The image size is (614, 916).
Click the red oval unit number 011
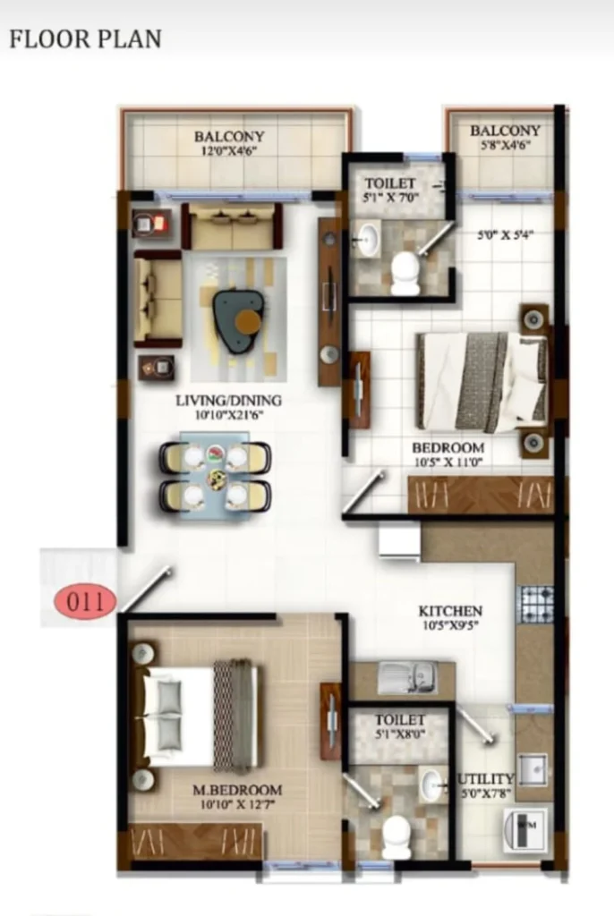tap(85, 601)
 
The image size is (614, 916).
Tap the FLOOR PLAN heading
tap(85, 39)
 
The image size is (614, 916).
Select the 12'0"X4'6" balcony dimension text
tap(229, 150)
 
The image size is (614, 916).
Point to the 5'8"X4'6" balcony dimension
tap(505, 145)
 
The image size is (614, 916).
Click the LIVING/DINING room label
tap(228, 401)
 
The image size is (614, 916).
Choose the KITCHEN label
tap(450, 611)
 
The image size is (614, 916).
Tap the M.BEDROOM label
tap(237, 790)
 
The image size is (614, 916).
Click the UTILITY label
tap(485, 779)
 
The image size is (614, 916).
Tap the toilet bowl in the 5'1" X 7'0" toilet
tap(405, 273)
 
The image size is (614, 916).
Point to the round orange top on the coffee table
tap(248, 321)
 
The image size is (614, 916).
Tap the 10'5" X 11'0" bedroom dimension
tap(448, 462)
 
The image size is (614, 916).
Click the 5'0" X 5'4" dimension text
tap(505, 235)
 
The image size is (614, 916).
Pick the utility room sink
tap(533, 770)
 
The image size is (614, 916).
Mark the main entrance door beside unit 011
tap(146, 589)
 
